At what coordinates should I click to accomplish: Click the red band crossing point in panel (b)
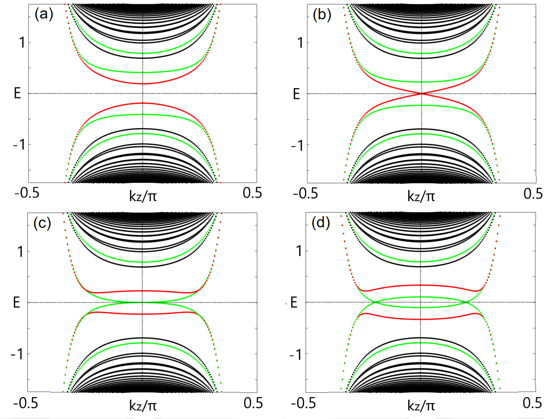pyautogui.click(x=422, y=94)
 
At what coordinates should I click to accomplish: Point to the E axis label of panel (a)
pyautogui.click(x=17, y=93)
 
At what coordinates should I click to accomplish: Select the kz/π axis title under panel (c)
pyautogui.click(x=143, y=405)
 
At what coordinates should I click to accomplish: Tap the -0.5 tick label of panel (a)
pyautogui.click(x=27, y=193)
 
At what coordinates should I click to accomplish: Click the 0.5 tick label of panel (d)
pyautogui.click(x=533, y=403)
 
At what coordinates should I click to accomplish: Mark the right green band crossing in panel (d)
pyautogui.click(x=465, y=302)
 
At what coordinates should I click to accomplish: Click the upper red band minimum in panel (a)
pyautogui.click(x=143, y=83)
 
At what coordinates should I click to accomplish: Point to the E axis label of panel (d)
pyautogui.click(x=294, y=302)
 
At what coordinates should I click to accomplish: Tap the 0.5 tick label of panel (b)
pyautogui.click(x=533, y=194)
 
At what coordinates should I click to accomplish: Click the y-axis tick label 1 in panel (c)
pyautogui.click(x=20, y=251)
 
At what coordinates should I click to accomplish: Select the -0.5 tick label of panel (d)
pyautogui.click(x=304, y=403)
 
